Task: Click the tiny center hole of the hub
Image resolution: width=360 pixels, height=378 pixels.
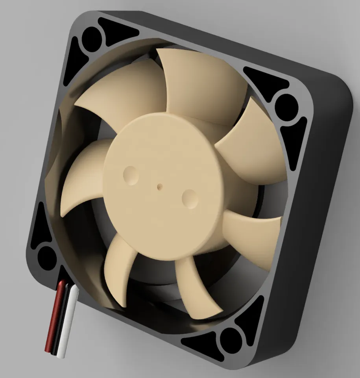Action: click(x=159, y=185)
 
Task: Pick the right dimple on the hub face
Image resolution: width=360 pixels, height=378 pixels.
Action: click(x=189, y=198)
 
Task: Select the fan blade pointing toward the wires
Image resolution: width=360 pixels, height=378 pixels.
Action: click(x=118, y=268)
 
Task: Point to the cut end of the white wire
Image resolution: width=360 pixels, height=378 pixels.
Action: click(x=61, y=356)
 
